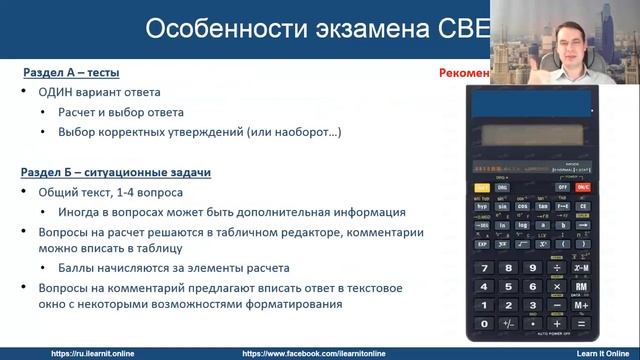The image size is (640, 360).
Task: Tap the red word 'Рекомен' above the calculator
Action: click(x=464, y=73)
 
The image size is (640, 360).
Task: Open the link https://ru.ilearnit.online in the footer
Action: click(x=93, y=353)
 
